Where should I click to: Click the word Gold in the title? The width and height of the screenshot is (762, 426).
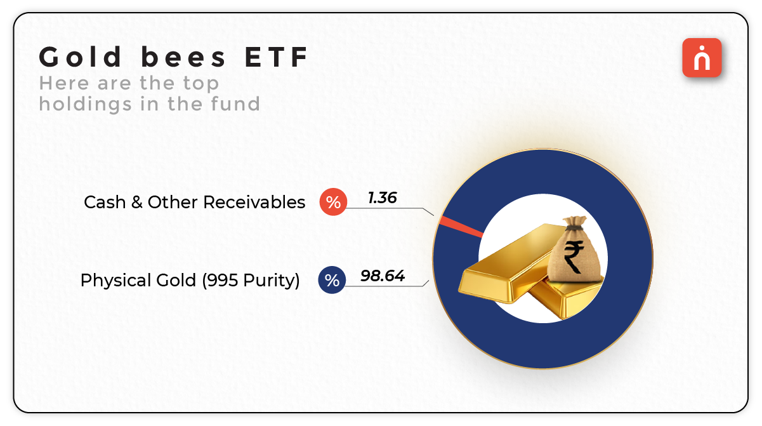80,57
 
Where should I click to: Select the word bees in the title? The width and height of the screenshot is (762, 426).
183,57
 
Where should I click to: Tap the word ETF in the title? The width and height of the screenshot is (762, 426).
276,57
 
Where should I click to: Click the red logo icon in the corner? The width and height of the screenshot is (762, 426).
702,58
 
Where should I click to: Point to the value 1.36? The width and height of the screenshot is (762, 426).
382,198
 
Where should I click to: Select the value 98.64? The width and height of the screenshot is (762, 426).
383,276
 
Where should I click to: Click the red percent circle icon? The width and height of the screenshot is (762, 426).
333,202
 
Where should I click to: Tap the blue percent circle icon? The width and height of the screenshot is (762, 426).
332,280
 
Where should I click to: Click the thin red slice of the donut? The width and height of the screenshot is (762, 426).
461,227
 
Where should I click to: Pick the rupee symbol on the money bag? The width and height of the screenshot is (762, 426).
574,256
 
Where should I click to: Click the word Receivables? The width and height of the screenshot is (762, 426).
254,203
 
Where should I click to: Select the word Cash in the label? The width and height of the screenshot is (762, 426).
105,203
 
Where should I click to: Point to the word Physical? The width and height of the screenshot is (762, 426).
115,281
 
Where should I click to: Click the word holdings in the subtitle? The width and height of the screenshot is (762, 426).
86,104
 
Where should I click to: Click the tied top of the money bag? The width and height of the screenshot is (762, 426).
574,223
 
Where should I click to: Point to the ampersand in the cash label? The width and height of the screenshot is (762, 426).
136,203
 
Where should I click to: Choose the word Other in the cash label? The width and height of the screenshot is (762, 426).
173,203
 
